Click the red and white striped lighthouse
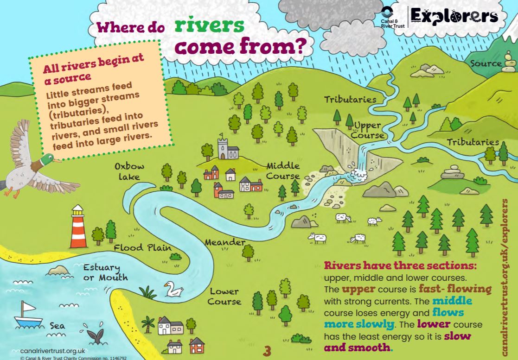(x=78, y=227)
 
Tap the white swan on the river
(x=174, y=290)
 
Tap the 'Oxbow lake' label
(x=129, y=171)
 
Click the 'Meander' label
(x=225, y=242)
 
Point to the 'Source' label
(x=486, y=63)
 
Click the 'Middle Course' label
(x=283, y=171)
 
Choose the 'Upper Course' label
(x=367, y=130)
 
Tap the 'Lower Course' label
(x=224, y=297)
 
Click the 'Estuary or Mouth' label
(x=105, y=272)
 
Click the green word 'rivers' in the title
(x=210, y=26)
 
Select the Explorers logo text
(x=454, y=17)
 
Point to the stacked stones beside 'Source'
(x=509, y=63)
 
